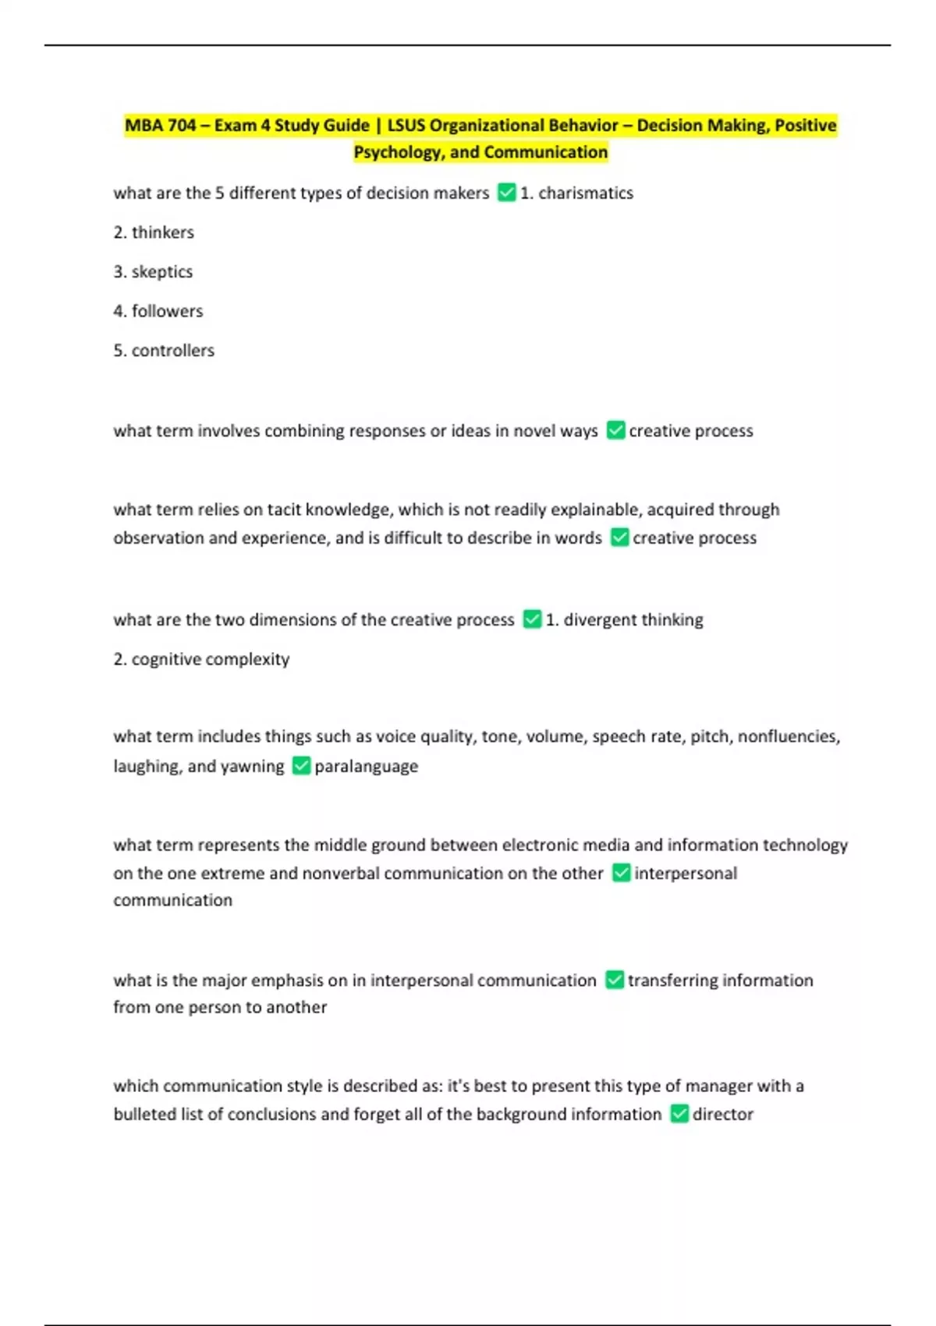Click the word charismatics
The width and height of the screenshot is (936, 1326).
point(585,193)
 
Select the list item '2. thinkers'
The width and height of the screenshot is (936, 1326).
point(154,232)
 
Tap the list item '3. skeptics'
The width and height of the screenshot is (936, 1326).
point(153,272)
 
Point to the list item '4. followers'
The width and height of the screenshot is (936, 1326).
point(158,311)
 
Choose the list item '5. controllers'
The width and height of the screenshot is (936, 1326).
point(164,351)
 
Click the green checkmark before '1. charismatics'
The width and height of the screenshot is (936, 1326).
point(506,193)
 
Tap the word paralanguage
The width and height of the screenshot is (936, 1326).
point(366,767)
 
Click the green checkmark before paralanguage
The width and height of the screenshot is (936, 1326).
point(301,766)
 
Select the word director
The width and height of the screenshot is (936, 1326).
point(722,1115)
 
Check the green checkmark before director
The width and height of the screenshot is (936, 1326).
point(679,1114)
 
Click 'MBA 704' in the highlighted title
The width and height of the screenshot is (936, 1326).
point(161,126)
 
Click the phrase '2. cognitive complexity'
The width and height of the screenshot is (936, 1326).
point(201,660)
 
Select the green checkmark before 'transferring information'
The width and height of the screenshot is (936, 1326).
point(615,980)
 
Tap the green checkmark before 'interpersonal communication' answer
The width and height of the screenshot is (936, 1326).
point(621,873)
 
